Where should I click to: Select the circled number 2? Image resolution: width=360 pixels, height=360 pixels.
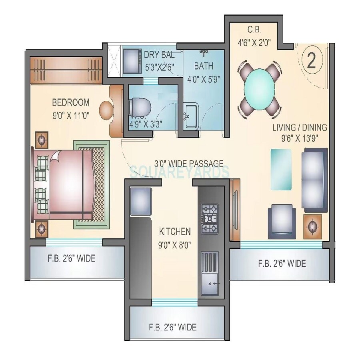(312, 60)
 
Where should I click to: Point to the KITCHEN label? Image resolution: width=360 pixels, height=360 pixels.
(175, 232)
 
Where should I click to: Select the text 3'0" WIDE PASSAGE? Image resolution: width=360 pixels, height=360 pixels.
(189, 163)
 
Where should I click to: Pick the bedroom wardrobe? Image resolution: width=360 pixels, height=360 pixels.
(66, 70)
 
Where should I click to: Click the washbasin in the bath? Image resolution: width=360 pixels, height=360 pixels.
(191, 116)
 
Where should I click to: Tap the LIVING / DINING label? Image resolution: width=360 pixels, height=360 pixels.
(300, 128)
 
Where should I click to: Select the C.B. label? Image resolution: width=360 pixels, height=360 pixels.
(255, 30)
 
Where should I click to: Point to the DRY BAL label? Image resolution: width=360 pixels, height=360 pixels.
(159, 55)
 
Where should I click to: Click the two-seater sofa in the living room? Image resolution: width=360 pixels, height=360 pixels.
(314, 179)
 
